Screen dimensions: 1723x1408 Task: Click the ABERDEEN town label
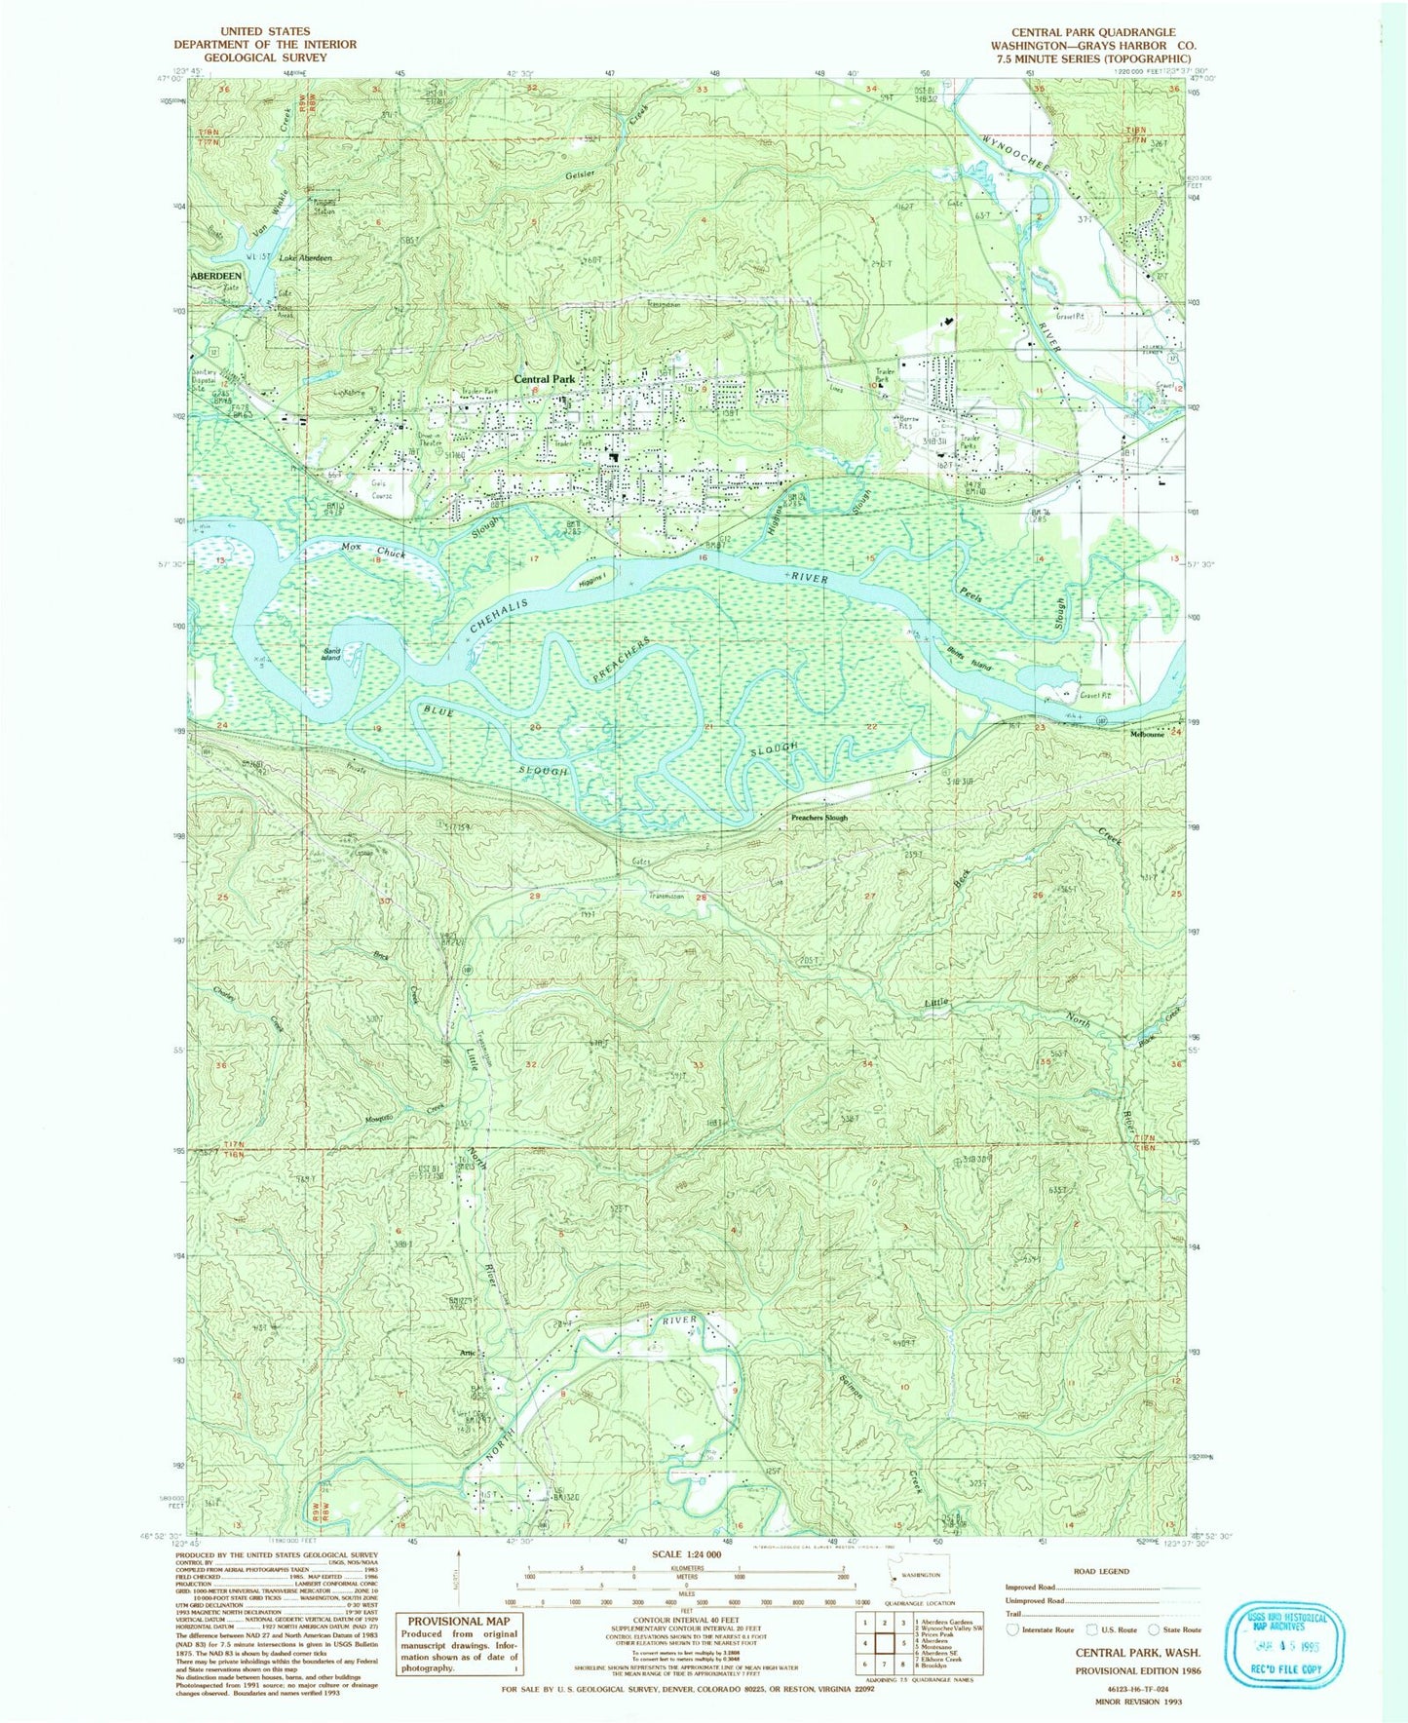(215, 276)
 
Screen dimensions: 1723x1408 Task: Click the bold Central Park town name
(545, 378)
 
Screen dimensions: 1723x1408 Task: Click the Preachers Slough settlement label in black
(818, 818)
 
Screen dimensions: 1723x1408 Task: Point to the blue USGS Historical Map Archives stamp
(1285, 1644)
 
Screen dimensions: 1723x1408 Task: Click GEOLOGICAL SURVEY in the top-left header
(265, 57)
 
